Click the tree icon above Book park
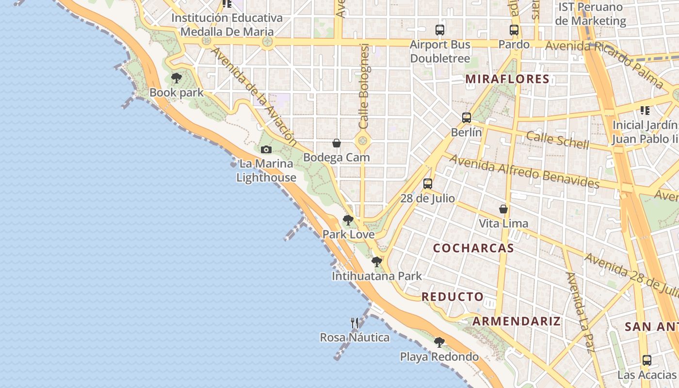pos(177,78)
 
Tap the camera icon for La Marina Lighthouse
pos(266,149)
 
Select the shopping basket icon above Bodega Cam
pos(337,143)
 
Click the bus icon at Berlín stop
pos(467,117)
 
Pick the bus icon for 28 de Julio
pos(427,184)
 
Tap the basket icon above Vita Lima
pos(503,209)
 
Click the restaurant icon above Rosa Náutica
pos(355,323)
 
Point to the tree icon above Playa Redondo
pos(439,342)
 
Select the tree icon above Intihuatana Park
pos(376,262)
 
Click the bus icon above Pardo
pos(514,30)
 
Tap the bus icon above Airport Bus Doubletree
pos(440,30)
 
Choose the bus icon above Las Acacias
pos(647,360)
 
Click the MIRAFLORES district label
pos(507,79)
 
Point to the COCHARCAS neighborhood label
pos(473,248)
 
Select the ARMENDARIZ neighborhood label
pos(517,321)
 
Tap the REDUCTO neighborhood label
pos(453,297)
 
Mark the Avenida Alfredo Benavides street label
pos(524,171)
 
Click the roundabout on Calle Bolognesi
pos(362,142)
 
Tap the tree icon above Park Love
pos(348,220)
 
